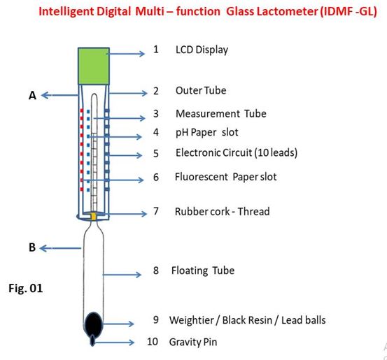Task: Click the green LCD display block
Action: pos(94,66)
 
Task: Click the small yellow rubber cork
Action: pos(94,216)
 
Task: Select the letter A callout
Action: pos(32,96)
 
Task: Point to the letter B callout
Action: pos(32,247)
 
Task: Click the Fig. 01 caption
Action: pos(26,288)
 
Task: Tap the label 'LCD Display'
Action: pos(202,50)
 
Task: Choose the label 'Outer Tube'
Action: pos(201,90)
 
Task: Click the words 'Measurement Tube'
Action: pos(221,114)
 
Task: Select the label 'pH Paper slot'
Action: pos(207,132)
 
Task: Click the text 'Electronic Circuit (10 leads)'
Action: pos(237,152)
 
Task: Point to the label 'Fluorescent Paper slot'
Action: pos(225,177)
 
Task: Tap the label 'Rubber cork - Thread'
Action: pos(222,212)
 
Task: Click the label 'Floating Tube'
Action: pos(203,271)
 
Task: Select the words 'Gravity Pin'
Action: pos(193,343)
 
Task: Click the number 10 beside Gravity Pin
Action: pos(153,342)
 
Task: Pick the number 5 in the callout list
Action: pos(156,153)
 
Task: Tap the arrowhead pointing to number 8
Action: pos(139,275)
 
